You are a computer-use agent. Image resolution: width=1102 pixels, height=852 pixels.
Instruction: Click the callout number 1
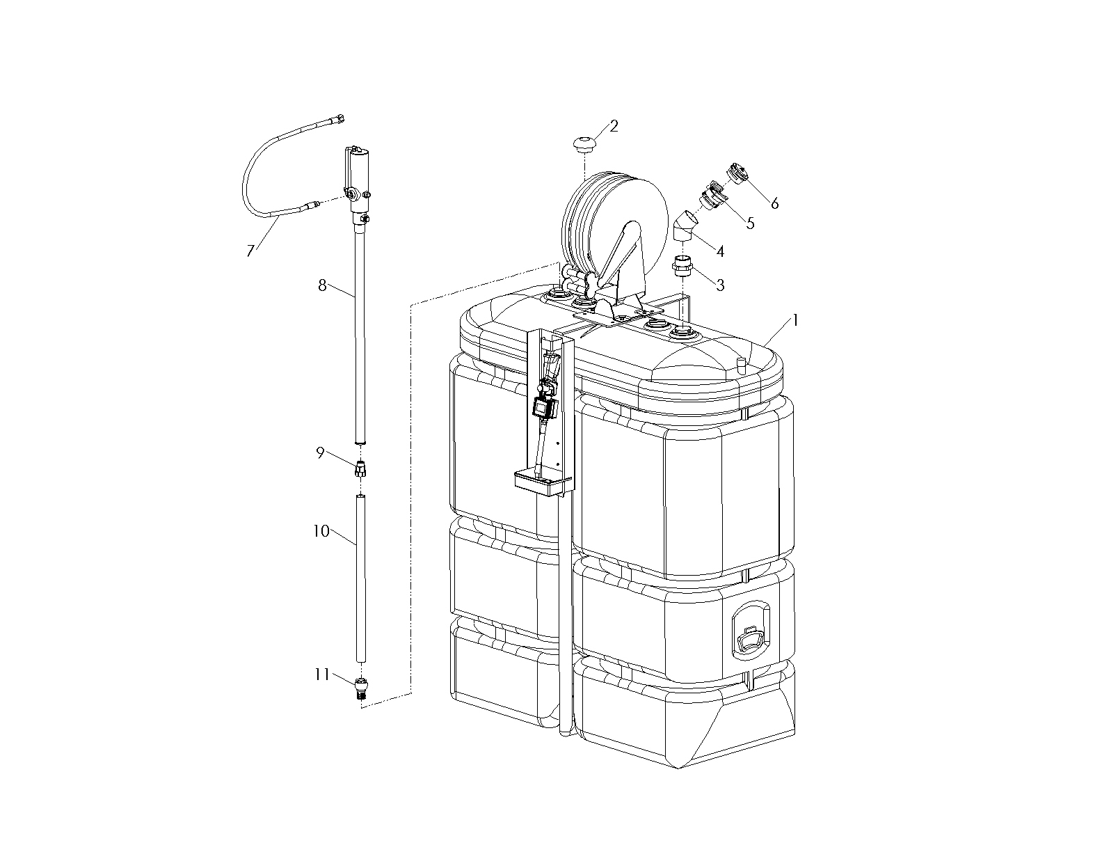click(x=796, y=320)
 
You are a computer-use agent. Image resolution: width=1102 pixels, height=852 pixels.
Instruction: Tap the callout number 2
click(x=614, y=127)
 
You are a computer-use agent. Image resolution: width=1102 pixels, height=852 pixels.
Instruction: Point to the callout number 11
click(x=322, y=674)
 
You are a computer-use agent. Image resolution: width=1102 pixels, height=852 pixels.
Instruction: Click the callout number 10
click(x=321, y=531)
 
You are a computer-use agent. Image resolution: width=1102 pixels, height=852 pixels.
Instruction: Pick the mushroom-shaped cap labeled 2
click(x=584, y=143)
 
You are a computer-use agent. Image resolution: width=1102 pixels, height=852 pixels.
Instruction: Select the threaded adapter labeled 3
click(x=682, y=267)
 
